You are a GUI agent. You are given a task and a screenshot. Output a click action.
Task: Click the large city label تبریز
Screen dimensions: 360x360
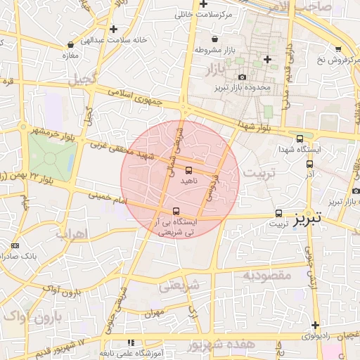point(307,219)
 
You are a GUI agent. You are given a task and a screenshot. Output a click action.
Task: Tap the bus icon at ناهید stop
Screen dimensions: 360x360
point(188,170)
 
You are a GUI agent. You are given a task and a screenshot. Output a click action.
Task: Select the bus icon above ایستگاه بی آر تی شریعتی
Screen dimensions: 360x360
point(176,210)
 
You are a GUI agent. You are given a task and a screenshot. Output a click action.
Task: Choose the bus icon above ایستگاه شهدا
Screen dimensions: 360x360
point(300,139)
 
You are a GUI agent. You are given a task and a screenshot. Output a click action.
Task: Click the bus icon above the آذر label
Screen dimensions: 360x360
point(310,164)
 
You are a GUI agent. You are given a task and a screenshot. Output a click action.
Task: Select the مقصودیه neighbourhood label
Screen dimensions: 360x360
point(266,275)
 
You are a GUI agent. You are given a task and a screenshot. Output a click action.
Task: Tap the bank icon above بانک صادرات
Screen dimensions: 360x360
point(15,245)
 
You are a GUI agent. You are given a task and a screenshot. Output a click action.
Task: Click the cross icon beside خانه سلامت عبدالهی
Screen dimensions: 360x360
point(113,29)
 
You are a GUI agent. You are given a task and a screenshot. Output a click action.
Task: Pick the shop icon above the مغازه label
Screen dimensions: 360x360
point(69,44)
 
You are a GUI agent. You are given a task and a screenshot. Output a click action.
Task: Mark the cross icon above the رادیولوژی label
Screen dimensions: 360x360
point(316,325)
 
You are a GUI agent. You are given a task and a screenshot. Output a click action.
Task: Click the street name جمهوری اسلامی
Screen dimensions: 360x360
point(137,96)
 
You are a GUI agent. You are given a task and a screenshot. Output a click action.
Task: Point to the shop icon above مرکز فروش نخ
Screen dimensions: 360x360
point(338,49)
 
